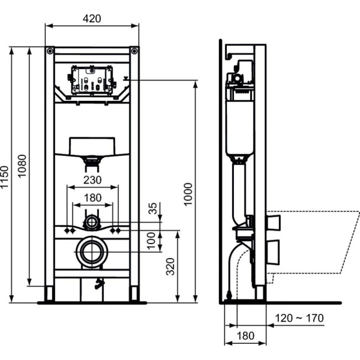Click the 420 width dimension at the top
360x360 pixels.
pos(92,18)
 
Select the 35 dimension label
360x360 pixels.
pos(154,209)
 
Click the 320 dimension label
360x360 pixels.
pos(171,266)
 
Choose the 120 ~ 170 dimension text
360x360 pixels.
pos(300,317)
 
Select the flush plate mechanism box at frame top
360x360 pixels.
pos(92,80)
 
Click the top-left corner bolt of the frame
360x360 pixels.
pos(50,50)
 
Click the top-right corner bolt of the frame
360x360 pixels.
pos(134,50)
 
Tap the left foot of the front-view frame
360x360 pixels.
pos(49,293)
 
